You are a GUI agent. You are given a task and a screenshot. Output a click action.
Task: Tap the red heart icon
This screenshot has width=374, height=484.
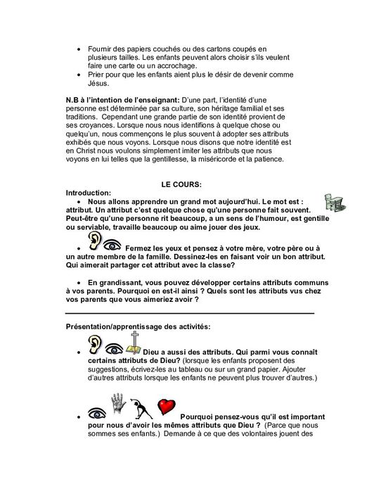(x=166, y=407)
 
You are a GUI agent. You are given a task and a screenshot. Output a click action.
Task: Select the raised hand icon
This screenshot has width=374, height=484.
(x=117, y=403)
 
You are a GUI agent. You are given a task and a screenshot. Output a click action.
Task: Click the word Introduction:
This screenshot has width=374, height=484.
(x=89, y=193)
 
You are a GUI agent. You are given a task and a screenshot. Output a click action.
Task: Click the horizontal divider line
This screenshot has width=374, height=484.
(x=190, y=312)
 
